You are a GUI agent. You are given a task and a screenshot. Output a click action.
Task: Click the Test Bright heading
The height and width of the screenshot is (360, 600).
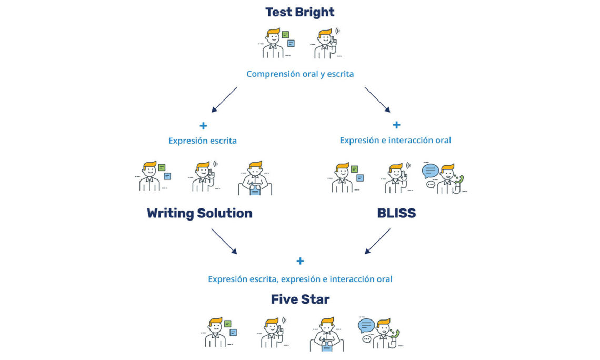(299, 12)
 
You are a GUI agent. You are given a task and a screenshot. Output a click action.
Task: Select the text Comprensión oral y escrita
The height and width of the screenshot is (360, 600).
(300, 74)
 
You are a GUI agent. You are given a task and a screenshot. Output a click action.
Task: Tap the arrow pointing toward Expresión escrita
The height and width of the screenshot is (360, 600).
(225, 99)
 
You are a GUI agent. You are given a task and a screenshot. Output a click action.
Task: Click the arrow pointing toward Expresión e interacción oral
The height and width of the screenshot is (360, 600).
(377, 99)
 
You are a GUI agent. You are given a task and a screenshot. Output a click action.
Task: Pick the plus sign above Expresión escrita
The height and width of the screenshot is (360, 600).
(203, 125)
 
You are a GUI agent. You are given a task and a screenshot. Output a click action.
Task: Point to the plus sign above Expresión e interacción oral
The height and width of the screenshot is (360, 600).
(396, 125)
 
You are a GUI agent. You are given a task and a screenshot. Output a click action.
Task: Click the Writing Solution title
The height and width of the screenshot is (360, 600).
(199, 213)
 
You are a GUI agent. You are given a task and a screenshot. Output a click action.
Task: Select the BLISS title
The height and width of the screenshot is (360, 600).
(396, 213)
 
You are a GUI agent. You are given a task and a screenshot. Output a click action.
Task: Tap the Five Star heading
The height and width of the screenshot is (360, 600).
(300, 299)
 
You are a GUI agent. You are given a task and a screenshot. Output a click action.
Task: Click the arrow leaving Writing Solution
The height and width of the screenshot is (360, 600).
(224, 241)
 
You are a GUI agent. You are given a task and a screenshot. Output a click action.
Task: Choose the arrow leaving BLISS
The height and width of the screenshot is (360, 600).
(377, 241)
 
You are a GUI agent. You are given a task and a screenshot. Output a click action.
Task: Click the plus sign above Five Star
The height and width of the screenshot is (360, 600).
(300, 261)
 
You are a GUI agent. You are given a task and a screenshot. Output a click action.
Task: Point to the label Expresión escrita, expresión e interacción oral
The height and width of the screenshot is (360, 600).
(300, 279)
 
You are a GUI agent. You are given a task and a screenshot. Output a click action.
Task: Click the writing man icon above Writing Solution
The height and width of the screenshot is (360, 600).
(255, 179)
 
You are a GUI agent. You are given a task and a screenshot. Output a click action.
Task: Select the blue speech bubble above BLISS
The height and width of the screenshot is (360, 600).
(430, 171)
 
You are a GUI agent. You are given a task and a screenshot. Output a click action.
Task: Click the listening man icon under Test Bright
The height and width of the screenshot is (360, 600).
(326, 44)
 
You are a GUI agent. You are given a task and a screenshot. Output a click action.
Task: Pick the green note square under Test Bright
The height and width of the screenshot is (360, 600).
(285, 35)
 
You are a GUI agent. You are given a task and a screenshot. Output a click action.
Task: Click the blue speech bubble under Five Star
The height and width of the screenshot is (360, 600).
(366, 325)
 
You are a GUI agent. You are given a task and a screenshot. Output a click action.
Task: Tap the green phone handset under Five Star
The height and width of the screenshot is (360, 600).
(396, 334)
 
